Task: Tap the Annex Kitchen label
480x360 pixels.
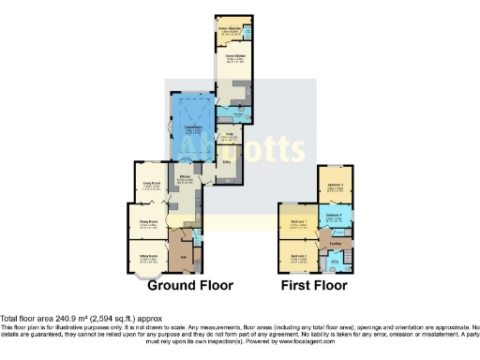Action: pos(230,55)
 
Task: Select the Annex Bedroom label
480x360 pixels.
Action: pos(231,27)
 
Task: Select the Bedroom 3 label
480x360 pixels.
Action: pos(334,185)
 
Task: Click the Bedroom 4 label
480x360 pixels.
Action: pos(334,215)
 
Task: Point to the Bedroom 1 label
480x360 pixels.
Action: pos(300,222)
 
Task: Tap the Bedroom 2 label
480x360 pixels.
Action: pos(300,255)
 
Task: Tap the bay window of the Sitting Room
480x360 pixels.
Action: pos(141,275)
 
